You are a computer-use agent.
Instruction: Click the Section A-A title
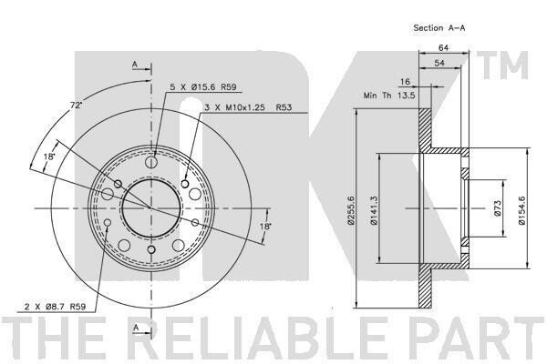439,28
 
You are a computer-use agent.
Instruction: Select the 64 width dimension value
443,47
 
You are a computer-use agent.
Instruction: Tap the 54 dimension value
439,63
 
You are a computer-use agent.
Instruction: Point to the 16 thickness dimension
405,82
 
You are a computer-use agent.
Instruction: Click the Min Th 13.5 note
389,96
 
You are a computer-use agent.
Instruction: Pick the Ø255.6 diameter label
351,210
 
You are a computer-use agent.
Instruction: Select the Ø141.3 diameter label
374,210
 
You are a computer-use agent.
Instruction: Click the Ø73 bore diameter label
498,208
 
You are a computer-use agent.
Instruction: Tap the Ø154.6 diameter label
521,210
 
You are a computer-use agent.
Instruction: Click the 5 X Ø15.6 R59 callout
203,87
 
